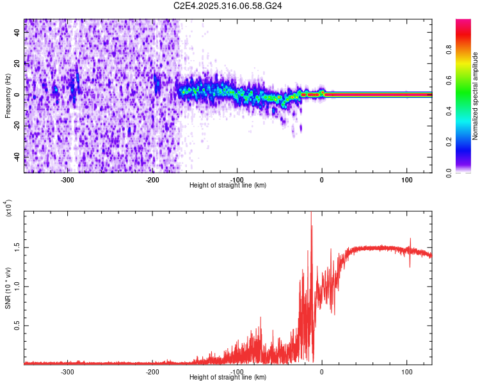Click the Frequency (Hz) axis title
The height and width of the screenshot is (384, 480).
click(8, 95)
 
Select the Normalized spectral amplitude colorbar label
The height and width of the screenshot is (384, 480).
click(476, 97)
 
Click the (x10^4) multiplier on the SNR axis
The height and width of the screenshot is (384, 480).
click(9, 208)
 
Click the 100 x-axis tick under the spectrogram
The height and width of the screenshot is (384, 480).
click(406, 180)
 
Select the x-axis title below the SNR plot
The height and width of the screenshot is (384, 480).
click(228, 378)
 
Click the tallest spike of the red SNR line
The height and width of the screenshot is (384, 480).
click(311, 214)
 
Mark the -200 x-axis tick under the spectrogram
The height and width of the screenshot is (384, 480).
click(152, 180)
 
